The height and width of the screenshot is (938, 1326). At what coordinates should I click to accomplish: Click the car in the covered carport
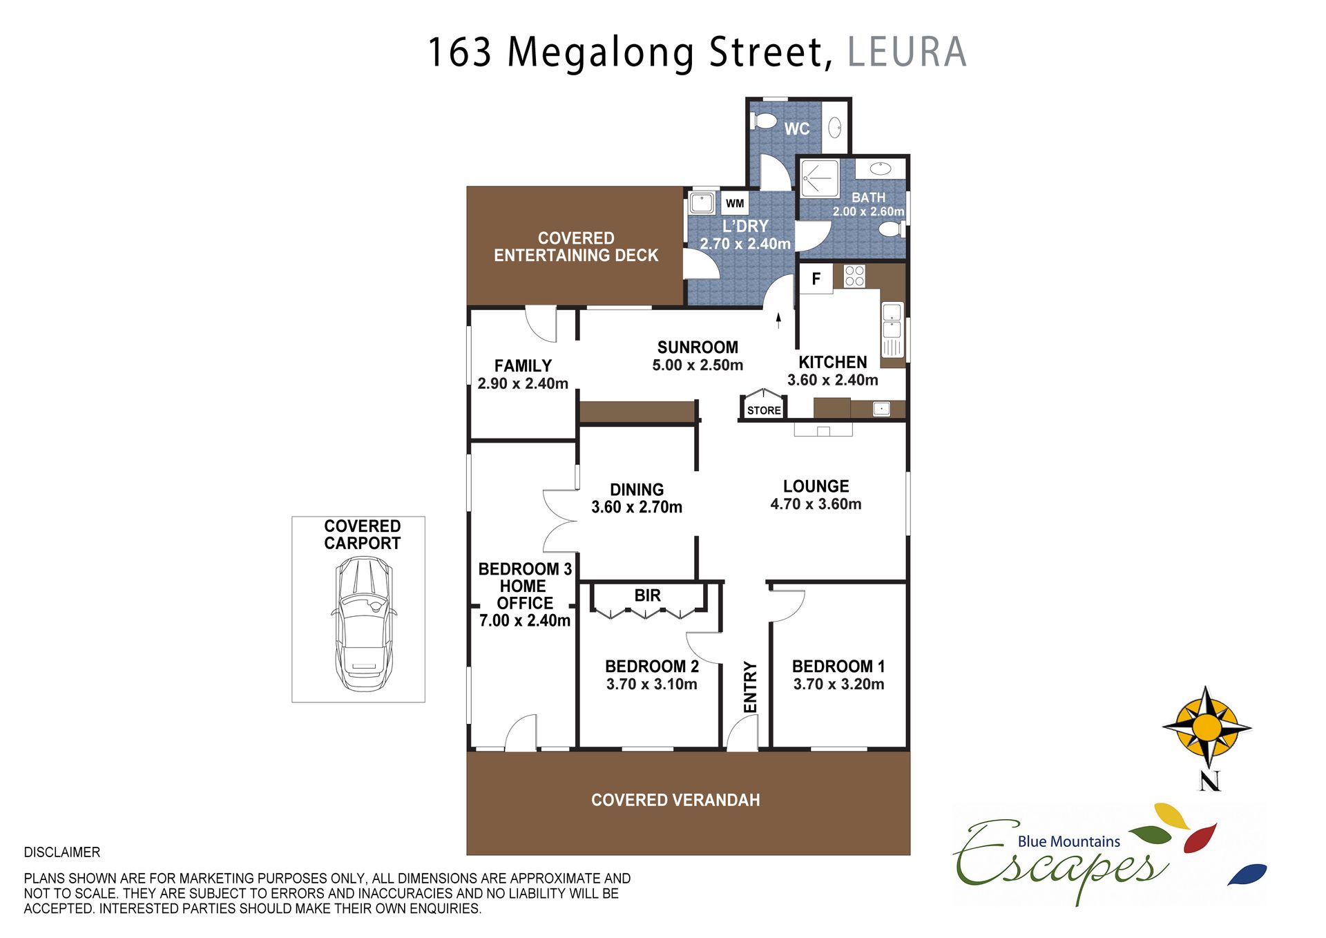tap(363, 624)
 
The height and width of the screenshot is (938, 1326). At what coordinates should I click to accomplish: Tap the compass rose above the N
tap(1207, 727)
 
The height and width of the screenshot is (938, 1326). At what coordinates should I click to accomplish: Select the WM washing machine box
tap(735, 203)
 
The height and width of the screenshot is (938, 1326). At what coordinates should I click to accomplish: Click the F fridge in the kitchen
tap(816, 279)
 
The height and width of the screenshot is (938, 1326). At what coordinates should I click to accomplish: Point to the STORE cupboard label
tap(764, 410)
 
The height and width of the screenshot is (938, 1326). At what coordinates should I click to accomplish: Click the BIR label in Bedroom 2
tap(648, 595)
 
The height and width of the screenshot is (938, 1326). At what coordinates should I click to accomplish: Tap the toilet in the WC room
tap(764, 121)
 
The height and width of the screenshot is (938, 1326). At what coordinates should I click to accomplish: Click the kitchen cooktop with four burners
tap(854, 276)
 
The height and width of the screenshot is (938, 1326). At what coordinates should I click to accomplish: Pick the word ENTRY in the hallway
tap(750, 687)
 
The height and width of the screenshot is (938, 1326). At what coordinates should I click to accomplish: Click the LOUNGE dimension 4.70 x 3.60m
tap(816, 504)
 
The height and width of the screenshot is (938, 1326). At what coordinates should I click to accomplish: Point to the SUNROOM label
tap(698, 347)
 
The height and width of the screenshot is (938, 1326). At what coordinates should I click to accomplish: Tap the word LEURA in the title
tap(907, 52)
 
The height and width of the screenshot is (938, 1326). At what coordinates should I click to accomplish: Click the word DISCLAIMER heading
tap(62, 852)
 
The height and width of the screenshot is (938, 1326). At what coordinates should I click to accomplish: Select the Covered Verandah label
tap(675, 800)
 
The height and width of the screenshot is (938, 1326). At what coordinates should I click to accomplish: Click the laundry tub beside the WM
tap(702, 204)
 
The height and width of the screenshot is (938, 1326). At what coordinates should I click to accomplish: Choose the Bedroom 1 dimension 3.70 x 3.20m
tap(838, 685)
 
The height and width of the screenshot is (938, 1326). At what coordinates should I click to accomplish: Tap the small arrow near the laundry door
tap(778, 320)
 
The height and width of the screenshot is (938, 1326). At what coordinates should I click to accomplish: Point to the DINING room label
tap(637, 490)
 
